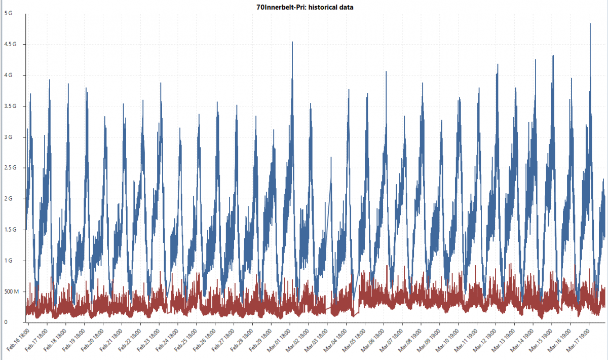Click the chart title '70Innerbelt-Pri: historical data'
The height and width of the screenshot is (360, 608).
point(305,7)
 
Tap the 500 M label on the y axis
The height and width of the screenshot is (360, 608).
point(11,292)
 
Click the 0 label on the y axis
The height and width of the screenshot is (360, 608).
point(5,322)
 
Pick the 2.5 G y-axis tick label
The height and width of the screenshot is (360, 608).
point(10,168)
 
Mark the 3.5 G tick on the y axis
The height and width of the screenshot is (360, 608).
point(10,106)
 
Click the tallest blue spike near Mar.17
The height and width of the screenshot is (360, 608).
point(590,24)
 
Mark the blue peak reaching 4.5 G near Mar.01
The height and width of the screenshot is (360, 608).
point(292,42)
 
